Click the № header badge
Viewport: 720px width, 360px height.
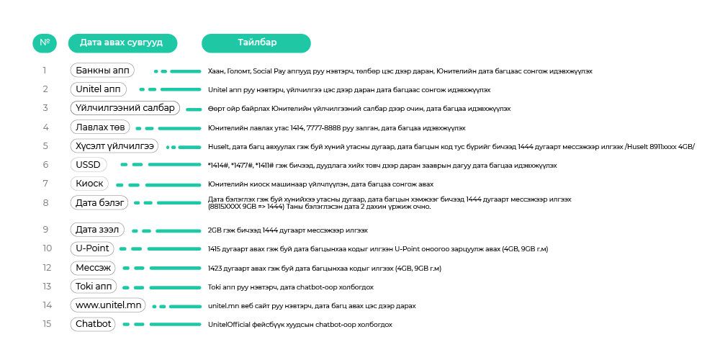click(x=45, y=42)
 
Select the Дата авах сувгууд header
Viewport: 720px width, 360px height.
click(x=121, y=42)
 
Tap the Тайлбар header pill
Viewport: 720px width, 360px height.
click(x=256, y=42)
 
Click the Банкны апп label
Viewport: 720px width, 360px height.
click(x=102, y=71)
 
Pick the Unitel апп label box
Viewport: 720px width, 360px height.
click(x=99, y=89)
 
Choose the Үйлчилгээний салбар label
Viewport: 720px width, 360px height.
click(x=125, y=108)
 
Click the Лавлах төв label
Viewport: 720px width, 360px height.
click(x=99, y=127)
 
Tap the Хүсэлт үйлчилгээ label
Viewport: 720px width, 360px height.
click(x=114, y=146)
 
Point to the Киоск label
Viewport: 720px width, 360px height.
click(x=90, y=184)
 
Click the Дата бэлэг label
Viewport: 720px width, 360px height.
click(x=101, y=203)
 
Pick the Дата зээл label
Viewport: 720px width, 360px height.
click(x=99, y=230)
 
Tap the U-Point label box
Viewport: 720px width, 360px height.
click(x=93, y=248)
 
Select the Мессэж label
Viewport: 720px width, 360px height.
click(x=94, y=268)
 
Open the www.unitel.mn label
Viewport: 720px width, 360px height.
click(x=108, y=305)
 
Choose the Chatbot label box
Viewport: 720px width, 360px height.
click(x=94, y=324)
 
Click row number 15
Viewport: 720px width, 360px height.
click(x=47, y=324)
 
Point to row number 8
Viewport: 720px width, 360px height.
click(x=45, y=203)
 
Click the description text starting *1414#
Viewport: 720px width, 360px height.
click(x=382, y=165)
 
